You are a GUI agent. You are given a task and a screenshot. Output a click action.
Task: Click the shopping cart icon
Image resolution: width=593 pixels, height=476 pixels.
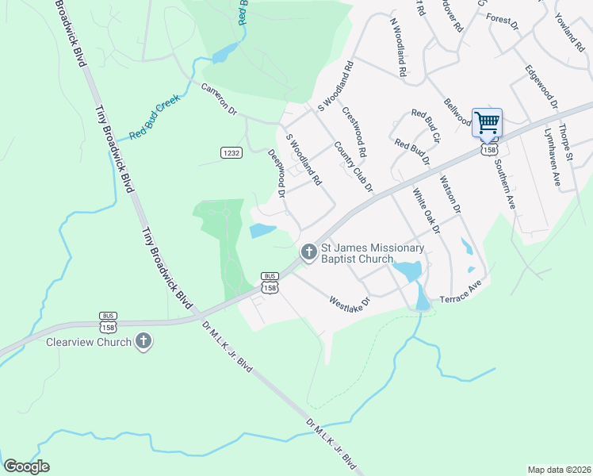[487, 122]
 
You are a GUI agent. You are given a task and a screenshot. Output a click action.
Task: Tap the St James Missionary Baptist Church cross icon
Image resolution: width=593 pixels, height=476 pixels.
[308, 252]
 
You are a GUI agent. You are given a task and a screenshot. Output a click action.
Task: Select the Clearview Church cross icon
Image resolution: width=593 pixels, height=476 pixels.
[143, 342]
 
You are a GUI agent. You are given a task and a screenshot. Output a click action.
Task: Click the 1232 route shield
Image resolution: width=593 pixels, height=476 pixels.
[230, 152]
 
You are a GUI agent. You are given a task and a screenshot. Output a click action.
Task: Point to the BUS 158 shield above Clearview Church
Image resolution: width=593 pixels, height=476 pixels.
[109, 321]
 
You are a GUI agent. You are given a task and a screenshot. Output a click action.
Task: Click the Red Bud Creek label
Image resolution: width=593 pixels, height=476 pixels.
[156, 117]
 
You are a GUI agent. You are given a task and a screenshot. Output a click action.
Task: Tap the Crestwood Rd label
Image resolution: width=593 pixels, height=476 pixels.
[354, 130]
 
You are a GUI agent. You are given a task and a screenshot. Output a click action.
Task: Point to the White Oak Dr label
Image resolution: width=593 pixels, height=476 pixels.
[425, 211]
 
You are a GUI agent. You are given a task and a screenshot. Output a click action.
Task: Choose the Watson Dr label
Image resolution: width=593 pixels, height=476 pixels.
[450, 195]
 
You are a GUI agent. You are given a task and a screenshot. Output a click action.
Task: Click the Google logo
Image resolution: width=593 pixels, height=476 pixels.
[27, 466]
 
